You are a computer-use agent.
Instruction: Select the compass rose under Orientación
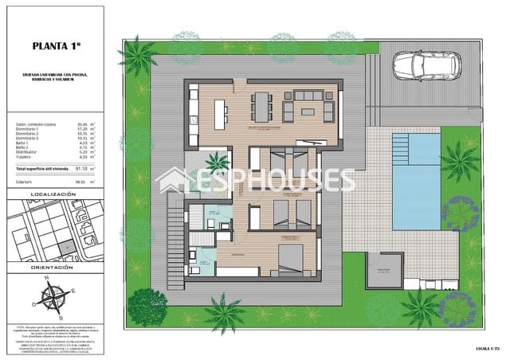pos(55,302)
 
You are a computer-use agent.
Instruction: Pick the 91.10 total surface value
pos(79,169)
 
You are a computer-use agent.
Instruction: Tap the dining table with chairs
pos(264,104)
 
